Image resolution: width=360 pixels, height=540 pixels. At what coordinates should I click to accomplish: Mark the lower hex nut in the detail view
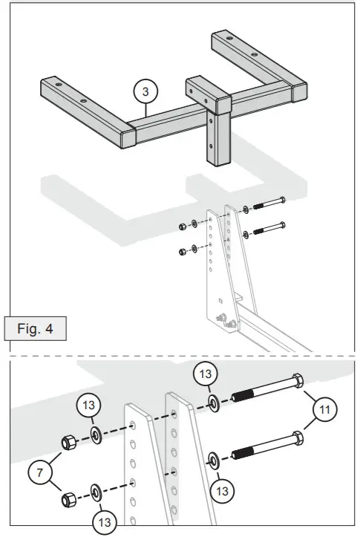[69, 498]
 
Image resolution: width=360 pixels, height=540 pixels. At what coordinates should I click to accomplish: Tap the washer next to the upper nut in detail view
[96, 435]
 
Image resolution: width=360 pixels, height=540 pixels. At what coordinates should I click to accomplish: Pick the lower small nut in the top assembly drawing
[183, 251]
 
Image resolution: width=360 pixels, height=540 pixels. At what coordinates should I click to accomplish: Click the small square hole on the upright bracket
[220, 301]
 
